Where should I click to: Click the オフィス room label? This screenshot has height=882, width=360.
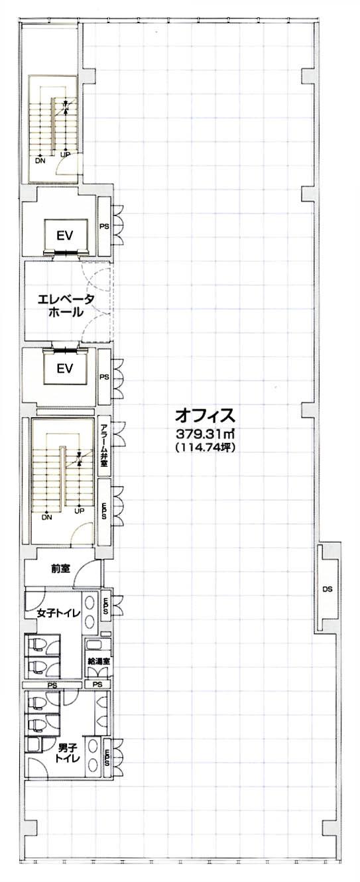205,415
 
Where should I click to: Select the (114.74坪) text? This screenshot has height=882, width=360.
206,447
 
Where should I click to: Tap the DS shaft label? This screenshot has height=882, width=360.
328,589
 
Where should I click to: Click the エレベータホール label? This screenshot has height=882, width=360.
66,306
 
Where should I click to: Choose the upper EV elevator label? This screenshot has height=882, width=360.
65,235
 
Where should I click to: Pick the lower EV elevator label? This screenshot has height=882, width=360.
65,369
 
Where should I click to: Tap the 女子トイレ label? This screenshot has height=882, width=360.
58,613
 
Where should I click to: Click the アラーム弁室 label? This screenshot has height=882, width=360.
104,446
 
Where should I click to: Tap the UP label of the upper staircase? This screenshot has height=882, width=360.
65,155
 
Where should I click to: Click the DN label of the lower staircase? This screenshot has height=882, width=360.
47,517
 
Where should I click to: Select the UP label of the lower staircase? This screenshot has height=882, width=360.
80,511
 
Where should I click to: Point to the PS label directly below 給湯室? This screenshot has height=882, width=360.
98,685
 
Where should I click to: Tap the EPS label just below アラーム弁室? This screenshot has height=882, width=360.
104,511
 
